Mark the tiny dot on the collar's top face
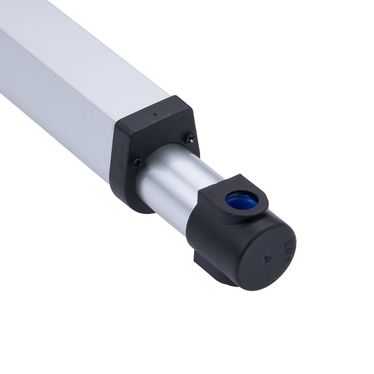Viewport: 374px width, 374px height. point(155,114)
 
